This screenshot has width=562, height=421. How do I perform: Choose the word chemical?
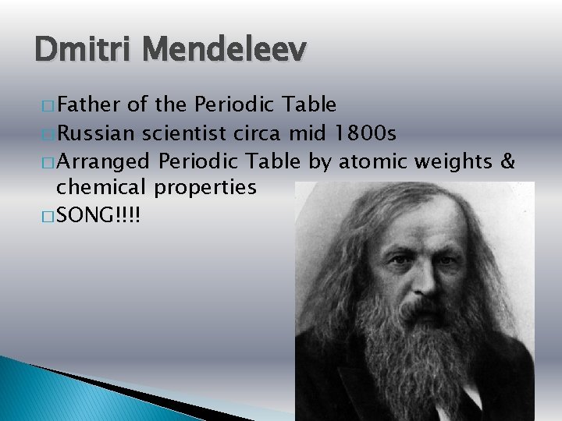tap(103, 187)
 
